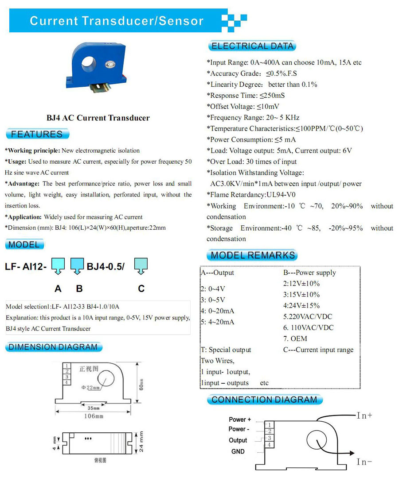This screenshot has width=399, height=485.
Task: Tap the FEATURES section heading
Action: tap(37, 134)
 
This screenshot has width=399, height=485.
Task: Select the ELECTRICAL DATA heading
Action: tap(252, 46)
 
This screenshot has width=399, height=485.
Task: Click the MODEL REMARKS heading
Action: tap(253, 255)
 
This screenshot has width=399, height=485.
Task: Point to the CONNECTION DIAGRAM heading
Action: tap(264, 400)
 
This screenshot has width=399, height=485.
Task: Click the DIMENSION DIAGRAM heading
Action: tap(53, 347)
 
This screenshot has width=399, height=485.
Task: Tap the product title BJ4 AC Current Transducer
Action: tap(98, 118)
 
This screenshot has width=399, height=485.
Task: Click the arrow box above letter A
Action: tap(58, 266)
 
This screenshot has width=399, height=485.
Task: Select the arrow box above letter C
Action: tap(141, 266)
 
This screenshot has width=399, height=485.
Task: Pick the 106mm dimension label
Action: tap(94, 416)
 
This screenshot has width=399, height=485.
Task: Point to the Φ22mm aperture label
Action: tap(91, 388)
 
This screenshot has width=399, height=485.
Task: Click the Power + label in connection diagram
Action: tap(240, 420)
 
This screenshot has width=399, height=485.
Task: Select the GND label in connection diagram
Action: tap(238, 451)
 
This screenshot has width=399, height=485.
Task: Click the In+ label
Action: tap(364, 416)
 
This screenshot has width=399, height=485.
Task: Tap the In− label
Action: tap(364, 462)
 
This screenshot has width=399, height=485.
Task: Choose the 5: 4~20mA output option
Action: tap(217, 322)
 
